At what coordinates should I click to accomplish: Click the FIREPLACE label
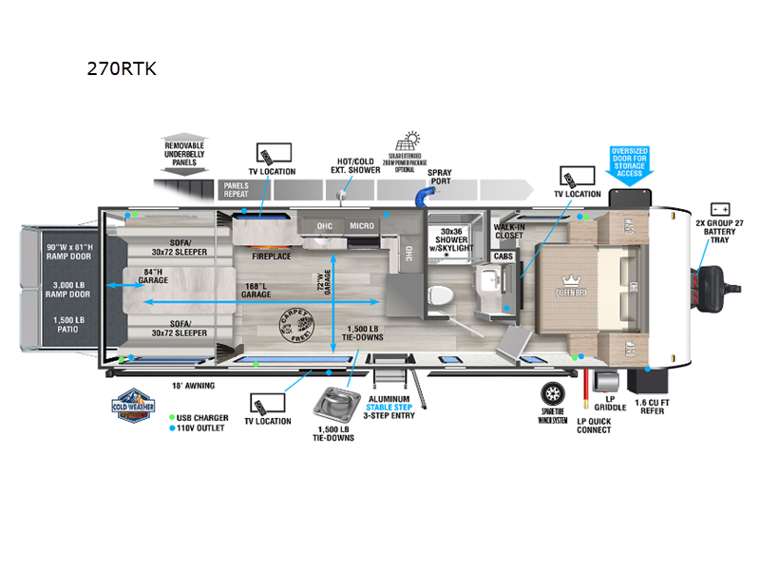pos(271,256)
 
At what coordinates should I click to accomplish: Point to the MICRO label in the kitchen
pos(360,225)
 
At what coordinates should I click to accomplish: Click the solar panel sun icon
pos(413,142)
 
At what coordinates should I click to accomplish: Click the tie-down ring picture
pos(336,402)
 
